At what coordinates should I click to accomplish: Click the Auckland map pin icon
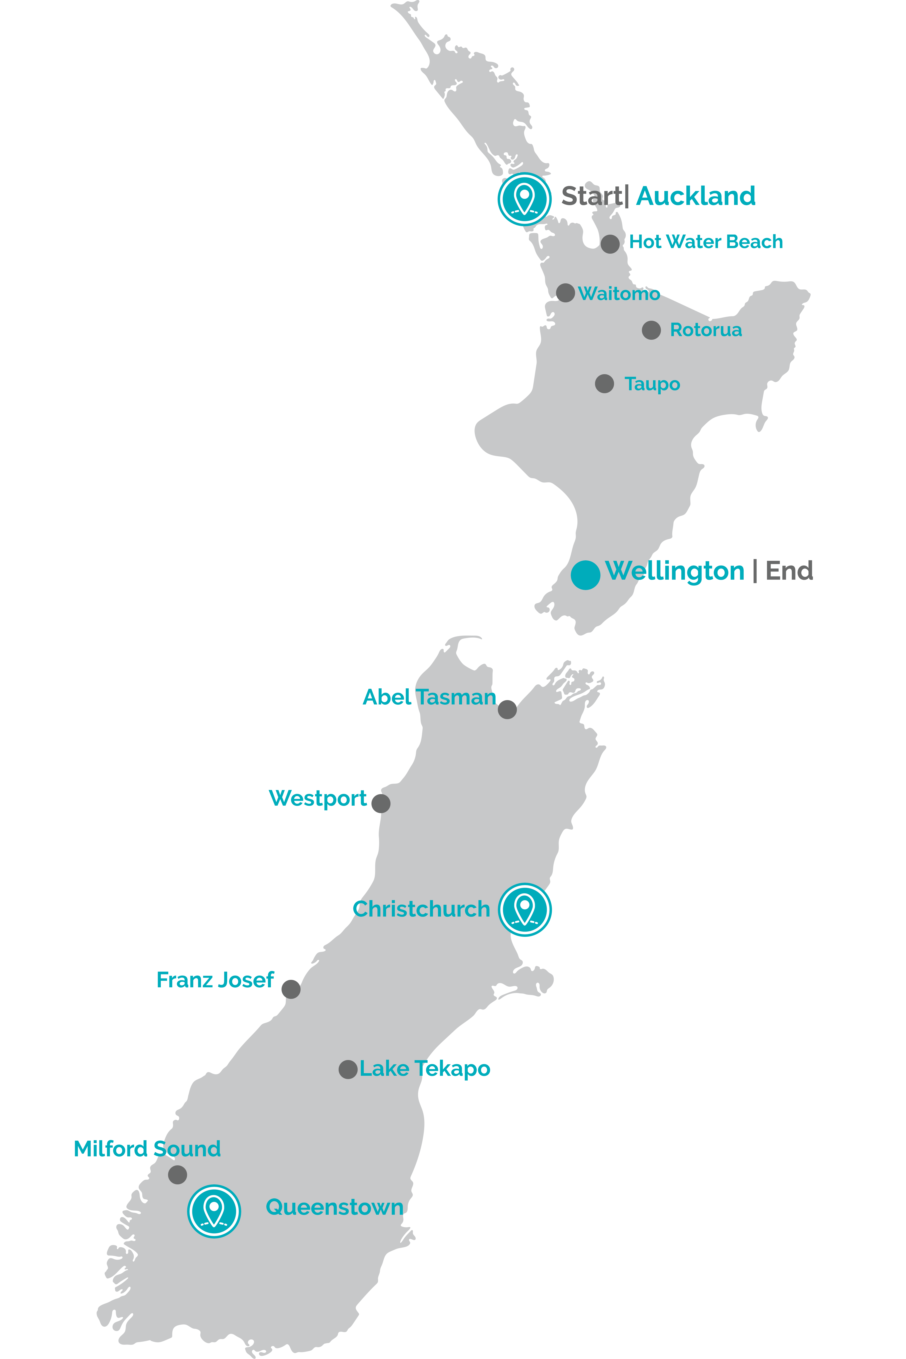[524, 199]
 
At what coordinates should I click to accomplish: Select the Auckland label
[696, 196]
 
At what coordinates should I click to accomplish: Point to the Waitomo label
[619, 294]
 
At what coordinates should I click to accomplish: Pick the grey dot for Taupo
[604, 384]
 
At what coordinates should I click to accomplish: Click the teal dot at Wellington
[585, 575]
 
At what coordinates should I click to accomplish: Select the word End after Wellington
[789, 571]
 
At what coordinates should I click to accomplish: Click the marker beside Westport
[381, 803]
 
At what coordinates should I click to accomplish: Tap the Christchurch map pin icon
[525, 909]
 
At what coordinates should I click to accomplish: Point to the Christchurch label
[421, 909]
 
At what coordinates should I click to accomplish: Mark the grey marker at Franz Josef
[291, 989]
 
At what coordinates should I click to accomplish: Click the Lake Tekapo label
[425, 1069]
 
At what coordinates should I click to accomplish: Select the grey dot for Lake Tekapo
[348, 1070]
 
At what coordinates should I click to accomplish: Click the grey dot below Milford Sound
[177, 1175]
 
